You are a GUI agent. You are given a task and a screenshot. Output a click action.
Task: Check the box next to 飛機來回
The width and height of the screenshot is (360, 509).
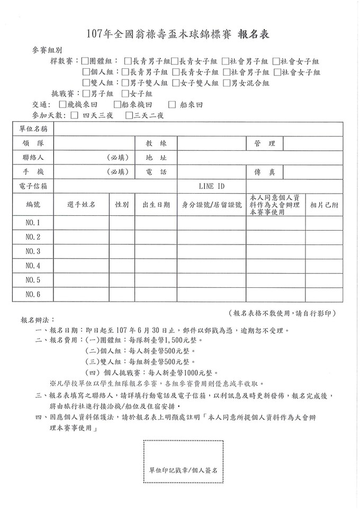coord(64,104)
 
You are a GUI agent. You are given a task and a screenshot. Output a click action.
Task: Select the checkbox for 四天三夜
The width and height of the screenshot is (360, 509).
coord(73,115)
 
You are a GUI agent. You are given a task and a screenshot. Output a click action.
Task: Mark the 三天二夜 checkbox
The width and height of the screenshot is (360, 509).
coord(129,115)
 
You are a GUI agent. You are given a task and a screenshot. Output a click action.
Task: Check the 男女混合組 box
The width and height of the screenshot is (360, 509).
coord(227,83)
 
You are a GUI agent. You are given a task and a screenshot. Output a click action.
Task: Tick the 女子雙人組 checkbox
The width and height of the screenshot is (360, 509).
coord(175,83)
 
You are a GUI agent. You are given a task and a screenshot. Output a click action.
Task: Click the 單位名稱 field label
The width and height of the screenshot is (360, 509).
coord(34,129)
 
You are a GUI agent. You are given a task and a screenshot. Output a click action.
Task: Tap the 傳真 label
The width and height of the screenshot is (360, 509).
coord(265,172)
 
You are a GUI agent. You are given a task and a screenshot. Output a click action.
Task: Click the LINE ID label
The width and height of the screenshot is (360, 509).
coord(211,186)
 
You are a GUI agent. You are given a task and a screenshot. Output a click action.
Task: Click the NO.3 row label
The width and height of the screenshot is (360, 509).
coord(33,251)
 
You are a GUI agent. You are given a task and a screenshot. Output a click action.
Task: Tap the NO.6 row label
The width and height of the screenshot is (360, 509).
coord(33,294)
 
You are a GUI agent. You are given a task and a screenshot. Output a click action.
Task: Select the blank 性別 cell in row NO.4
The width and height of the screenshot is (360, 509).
coord(122,266)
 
